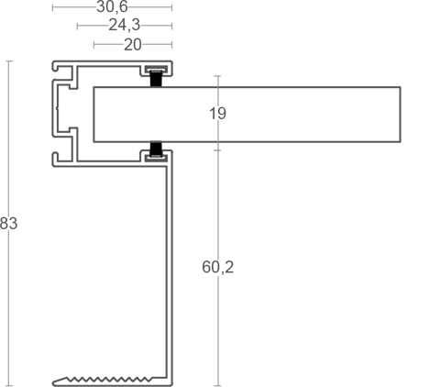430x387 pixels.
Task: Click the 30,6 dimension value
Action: pos(112,6)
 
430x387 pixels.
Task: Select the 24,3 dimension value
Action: pos(125,25)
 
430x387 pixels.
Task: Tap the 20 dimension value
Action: pos(133,45)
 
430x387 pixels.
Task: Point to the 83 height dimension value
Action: pos(8,223)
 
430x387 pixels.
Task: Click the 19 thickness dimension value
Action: pos(217,114)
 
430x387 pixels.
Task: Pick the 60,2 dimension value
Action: pos(217,267)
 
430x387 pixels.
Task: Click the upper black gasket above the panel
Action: pos(156,79)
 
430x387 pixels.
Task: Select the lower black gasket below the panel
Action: pos(156,149)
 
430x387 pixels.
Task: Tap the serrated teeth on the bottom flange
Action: pos(108,380)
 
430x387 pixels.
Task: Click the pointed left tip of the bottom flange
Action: pos(53,382)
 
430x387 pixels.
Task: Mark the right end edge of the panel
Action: pos(401,115)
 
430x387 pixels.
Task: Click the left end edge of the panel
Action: pos(94,115)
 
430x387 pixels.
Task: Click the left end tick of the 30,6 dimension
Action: pos(52,7)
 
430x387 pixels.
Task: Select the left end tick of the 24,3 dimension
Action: pos(77,26)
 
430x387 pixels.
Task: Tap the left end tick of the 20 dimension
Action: pos(94,45)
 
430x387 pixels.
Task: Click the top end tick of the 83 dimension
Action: pos(9,61)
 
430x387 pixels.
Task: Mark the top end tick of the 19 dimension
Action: pos(217,76)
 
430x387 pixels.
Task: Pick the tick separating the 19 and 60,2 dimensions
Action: pos(217,150)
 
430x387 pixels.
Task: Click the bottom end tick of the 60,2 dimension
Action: pos(217,385)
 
